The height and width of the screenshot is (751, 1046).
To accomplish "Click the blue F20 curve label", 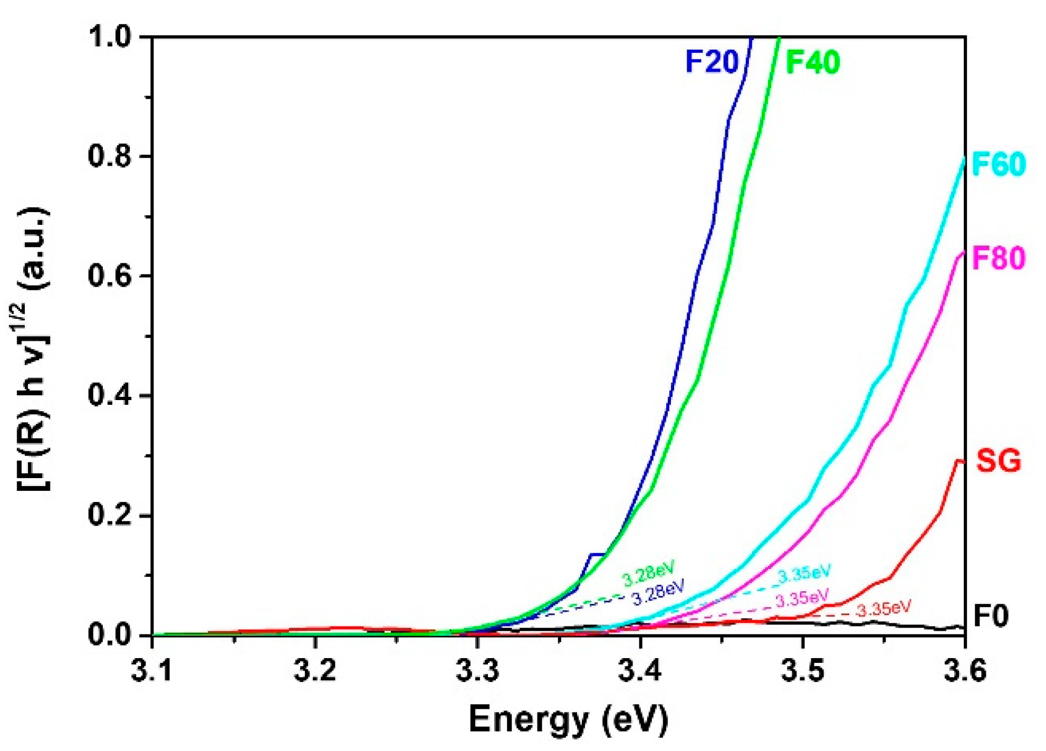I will pyautogui.click(x=712, y=62).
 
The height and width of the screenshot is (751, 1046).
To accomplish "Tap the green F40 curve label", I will pyautogui.click(x=812, y=62).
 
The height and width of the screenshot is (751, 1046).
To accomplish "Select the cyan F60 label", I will pyautogui.click(x=999, y=164).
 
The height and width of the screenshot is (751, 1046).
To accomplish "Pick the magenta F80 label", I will pyautogui.click(x=999, y=259).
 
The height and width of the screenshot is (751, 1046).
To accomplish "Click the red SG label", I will pyautogui.click(x=999, y=461).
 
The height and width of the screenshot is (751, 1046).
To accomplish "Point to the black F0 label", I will pyautogui.click(x=991, y=616).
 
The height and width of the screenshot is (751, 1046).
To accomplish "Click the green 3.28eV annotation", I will pyautogui.click(x=648, y=574).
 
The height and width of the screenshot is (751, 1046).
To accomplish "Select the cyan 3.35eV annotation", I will pyautogui.click(x=804, y=574).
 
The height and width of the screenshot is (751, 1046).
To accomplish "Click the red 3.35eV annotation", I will pyautogui.click(x=884, y=609).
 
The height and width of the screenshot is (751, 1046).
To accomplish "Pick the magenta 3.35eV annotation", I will pyautogui.click(x=801, y=598).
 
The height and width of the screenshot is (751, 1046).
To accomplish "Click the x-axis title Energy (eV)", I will pyautogui.click(x=568, y=719).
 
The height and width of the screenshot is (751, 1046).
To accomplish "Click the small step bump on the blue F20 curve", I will pyautogui.click(x=597, y=555).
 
